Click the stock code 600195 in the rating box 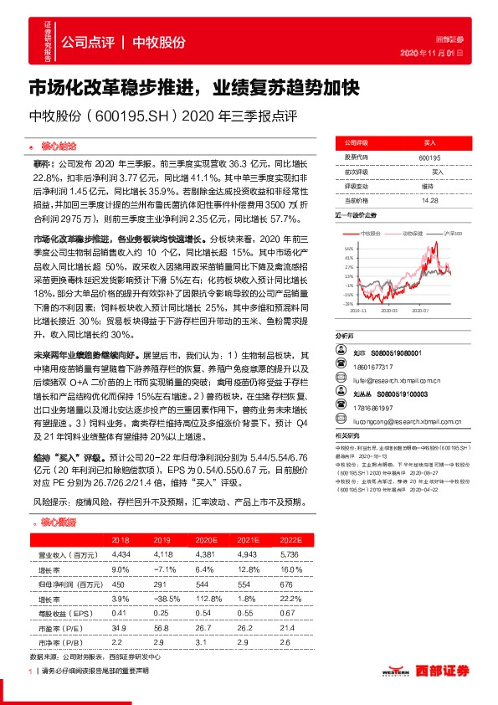[429, 157]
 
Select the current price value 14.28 [429, 200]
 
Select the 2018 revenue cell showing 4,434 [122, 555]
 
